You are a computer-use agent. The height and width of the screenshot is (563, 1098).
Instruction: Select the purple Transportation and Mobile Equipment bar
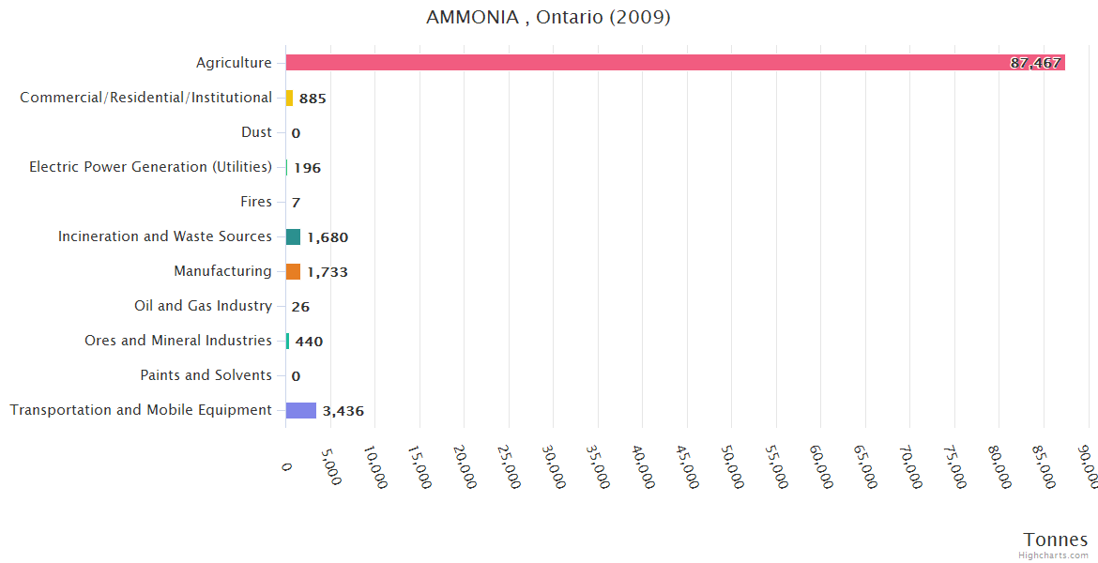pyautogui.click(x=301, y=410)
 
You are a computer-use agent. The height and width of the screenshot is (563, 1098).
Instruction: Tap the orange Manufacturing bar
pyautogui.click(x=294, y=271)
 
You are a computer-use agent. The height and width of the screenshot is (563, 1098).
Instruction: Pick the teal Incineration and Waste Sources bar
pyautogui.click(x=294, y=236)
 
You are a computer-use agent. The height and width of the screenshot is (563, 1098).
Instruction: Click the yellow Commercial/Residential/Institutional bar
pyautogui.click(x=290, y=98)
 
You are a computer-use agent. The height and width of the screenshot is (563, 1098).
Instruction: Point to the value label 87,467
pyautogui.click(x=1035, y=63)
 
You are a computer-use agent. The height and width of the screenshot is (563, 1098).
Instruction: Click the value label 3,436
pyautogui.click(x=343, y=411)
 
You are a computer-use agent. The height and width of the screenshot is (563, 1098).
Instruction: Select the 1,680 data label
pyautogui.click(x=328, y=237)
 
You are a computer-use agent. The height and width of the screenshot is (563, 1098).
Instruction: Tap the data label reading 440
pyautogui.click(x=309, y=342)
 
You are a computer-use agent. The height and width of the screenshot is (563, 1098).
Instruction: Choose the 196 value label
pyautogui.click(x=307, y=168)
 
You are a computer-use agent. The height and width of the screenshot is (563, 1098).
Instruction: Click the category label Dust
pyautogui.click(x=256, y=132)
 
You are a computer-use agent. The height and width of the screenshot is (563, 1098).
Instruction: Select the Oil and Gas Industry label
pyautogui.click(x=204, y=306)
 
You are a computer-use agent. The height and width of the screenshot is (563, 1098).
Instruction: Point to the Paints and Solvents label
pyautogui.click(x=206, y=375)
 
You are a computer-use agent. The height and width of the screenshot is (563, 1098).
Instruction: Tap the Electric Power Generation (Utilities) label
pyautogui.click(x=150, y=167)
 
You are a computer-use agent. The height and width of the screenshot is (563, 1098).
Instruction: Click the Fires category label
pyautogui.click(x=256, y=202)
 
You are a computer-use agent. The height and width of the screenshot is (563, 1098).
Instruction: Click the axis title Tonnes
pyautogui.click(x=1056, y=540)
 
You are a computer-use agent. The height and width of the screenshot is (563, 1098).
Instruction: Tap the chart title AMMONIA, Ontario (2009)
pyautogui.click(x=548, y=18)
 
